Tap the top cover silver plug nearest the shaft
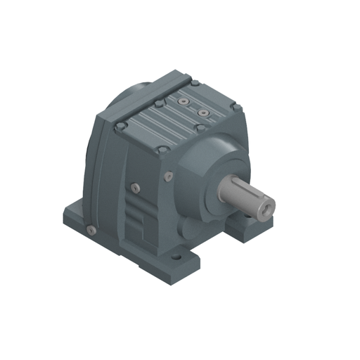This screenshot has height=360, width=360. click(203, 112)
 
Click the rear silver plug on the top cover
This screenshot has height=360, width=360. click(184, 102)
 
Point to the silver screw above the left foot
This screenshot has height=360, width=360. click(90, 229)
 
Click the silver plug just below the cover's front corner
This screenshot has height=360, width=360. click(169, 175)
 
